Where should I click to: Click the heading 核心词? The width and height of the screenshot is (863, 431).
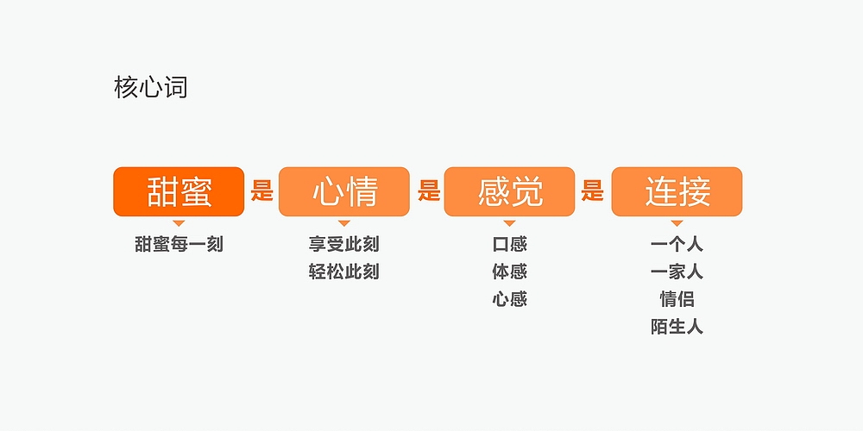(150, 87)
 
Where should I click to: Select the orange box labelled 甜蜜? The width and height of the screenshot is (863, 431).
(179, 191)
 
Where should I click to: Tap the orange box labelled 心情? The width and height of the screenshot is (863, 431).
(344, 191)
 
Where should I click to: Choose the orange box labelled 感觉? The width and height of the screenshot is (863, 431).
(509, 191)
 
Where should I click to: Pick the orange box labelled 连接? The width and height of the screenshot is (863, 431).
(677, 191)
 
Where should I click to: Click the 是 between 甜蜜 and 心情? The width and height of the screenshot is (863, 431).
(261, 190)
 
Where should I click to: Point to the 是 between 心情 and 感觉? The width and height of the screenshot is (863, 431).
(428, 190)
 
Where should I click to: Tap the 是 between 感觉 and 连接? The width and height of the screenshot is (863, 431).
(592, 190)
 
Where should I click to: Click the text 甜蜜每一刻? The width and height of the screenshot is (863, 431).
(179, 244)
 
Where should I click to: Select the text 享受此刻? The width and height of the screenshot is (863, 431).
(343, 244)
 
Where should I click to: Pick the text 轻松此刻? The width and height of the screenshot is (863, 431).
(343, 272)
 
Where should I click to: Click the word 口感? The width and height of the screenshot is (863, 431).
(509, 244)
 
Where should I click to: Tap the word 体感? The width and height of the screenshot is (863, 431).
(509, 272)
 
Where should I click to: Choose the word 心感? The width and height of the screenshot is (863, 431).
(509, 299)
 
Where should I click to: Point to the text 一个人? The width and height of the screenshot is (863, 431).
(677, 244)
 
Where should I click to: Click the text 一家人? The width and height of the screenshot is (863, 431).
(677, 272)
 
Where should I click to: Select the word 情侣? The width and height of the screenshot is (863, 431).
(677, 299)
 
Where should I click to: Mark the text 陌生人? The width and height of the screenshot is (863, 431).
(677, 327)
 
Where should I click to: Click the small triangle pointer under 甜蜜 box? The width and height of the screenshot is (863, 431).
(179, 222)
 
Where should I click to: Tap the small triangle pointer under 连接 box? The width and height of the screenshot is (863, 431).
(677, 222)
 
